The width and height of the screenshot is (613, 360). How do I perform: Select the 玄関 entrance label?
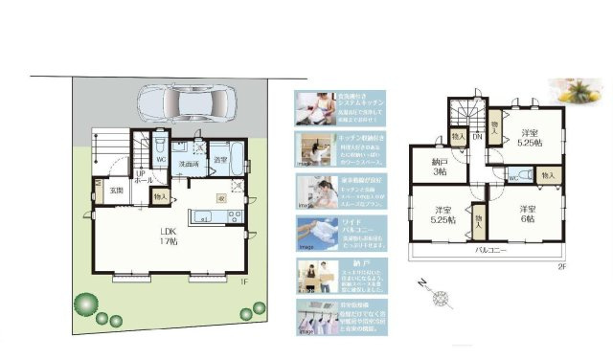[116, 191]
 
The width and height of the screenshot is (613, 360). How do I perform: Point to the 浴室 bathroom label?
[220, 160]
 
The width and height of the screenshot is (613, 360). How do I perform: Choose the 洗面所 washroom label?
[189, 165]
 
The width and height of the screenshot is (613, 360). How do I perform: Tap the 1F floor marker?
[244, 282]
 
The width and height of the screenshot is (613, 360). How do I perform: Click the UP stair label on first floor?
[140, 175]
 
